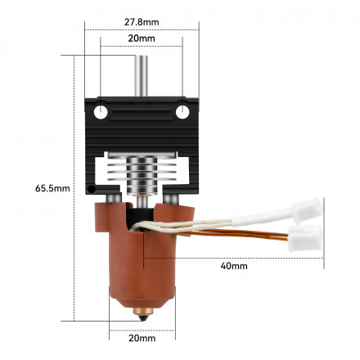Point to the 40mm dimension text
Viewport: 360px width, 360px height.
tap(233, 265)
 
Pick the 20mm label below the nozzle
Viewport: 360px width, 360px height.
tap(142, 338)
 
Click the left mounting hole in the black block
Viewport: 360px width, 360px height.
tap(101, 111)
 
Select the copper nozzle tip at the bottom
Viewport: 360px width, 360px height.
tap(142, 312)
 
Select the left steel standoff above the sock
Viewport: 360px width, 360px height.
tap(119, 199)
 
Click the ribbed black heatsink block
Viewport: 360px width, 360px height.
tap(142, 131)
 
